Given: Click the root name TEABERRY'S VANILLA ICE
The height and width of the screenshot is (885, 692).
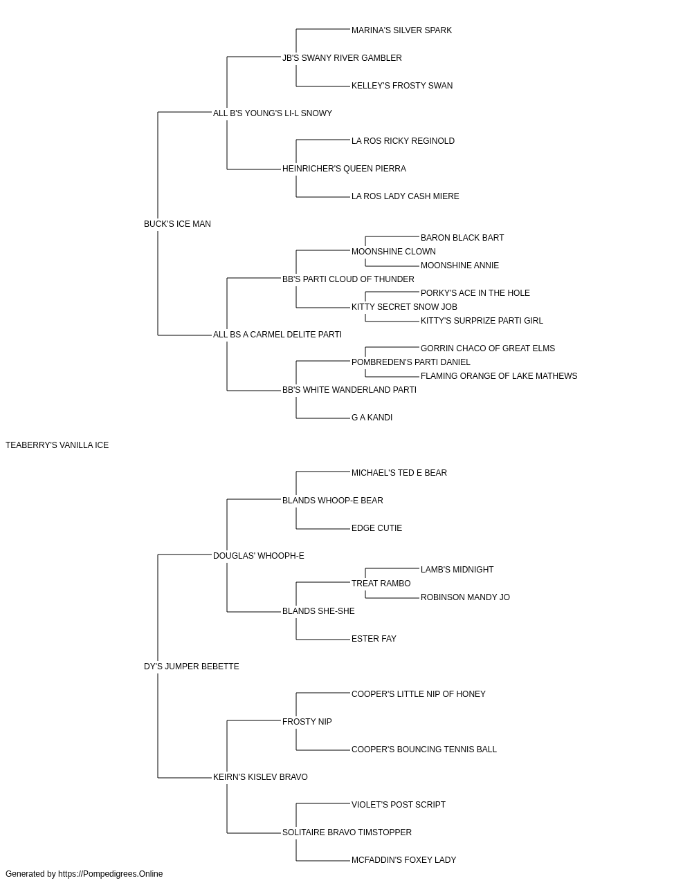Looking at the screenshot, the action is pos(57,445).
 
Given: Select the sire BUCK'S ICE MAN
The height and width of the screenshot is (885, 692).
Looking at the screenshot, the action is pos(177,224).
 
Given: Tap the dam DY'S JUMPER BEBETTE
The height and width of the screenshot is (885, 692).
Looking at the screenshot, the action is pos(192,667).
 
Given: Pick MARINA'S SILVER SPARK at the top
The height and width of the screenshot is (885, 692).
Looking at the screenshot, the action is pos(401,30).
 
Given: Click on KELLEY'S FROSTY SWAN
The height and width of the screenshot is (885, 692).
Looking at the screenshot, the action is pos(402,86).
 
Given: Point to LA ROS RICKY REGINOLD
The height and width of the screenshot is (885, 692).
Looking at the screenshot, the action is pos(403,141).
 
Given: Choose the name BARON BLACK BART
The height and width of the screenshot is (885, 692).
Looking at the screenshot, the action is pos(462,238).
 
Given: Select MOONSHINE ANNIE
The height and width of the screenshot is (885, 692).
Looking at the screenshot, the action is pos(459,265).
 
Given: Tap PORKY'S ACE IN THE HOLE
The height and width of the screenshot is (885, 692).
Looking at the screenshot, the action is pos(475,293).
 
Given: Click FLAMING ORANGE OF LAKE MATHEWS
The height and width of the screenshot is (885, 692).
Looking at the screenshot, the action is pos(499,376).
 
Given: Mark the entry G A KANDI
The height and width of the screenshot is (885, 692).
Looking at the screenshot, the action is pos(372,418).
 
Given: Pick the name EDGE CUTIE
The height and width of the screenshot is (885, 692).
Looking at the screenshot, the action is pos(376,528).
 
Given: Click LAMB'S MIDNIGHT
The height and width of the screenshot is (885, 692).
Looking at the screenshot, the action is pos(457,570).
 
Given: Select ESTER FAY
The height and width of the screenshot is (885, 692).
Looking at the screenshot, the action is pos(374,639).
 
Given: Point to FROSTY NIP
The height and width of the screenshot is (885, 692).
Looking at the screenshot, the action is pos(307,722).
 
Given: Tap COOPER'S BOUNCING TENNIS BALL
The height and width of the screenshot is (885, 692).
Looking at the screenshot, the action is pos(424,749).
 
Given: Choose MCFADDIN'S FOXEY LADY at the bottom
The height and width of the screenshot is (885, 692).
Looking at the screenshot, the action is pos(403,860).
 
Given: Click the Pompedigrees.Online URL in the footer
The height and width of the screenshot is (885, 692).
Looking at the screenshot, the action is pos(110,874).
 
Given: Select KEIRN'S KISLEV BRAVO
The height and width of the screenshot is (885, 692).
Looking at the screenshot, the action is pos(260,777).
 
